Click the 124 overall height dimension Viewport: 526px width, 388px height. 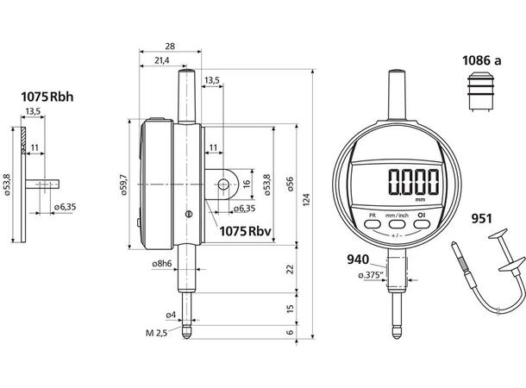pyautogui.click(x=306, y=199)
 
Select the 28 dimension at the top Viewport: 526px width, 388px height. pyautogui.click(x=170, y=47)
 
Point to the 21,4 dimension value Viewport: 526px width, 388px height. pyautogui.click(x=162, y=60)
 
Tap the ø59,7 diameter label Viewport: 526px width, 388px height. pyautogui.click(x=124, y=185)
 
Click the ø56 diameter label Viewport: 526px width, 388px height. pyautogui.click(x=290, y=184)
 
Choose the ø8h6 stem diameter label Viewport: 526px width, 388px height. pyautogui.click(x=162, y=264)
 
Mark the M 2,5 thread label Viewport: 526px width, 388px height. pyautogui.click(x=156, y=333)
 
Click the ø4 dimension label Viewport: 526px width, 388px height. pyautogui.click(x=171, y=315)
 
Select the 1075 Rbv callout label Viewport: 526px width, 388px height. pyautogui.click(x=245, y=231)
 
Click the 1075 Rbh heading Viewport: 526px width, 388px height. pyautogui.click(x=47, y=97)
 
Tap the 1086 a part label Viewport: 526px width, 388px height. pyautogui.click(x=482, y=60)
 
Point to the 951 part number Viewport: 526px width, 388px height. pyautogui.click(x=482, y=219)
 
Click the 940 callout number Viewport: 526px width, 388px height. pyautogui.click(x=358, y=260)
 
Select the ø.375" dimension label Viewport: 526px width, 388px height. pyautogui.click(x=371, y=275)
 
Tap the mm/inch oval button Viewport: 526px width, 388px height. pyautogui.click(x=397, y=224)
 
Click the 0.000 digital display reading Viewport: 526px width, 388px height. pyautogui.click(x=414, y=181)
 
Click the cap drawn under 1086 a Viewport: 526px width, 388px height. pyautogui.click(x=480, y=91)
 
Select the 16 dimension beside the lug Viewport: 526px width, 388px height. pyautogui.click(x=247, y=184)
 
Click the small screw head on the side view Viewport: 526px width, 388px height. pyautogui.click(x=189, y=214)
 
